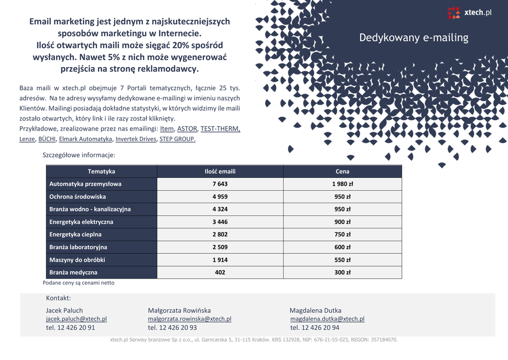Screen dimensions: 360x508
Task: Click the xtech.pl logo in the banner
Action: click(x=469, y=12)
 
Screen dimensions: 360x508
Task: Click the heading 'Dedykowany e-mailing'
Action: click(x=413, y=38)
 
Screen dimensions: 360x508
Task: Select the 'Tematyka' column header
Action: click(x=101, y=171)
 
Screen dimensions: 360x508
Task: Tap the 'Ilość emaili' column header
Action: click(x=220, y=171)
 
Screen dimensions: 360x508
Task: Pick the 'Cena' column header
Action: click(x=342, y=171)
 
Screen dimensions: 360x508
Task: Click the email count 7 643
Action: click(x=220, y=184)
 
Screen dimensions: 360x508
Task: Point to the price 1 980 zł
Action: click(x=342, y=184)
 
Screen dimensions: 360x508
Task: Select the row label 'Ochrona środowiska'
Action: click(x=77, y=197)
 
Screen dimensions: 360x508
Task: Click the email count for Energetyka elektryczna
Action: click(x=220, y=222)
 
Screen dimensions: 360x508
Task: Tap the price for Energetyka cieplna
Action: click(x=342, y=234)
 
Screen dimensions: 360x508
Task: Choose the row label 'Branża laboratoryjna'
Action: click(x=78, y=247)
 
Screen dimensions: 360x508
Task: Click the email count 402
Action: click(x=220, y=273)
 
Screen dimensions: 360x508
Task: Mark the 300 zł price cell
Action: click(x=342, y=273)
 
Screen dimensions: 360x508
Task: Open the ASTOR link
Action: click(x=187, y=129)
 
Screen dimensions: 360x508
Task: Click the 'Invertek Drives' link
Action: click(x=135, y=139)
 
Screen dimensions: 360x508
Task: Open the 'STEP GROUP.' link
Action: click(x=178, y=139)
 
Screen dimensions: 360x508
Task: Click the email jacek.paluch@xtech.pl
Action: click(x=76, y=319)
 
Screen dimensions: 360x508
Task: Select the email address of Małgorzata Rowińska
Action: click(x=190, y=319)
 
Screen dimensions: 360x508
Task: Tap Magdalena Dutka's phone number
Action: click(x=315, y=328)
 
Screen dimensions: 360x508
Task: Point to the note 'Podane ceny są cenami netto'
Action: click(x=78, y=283)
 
